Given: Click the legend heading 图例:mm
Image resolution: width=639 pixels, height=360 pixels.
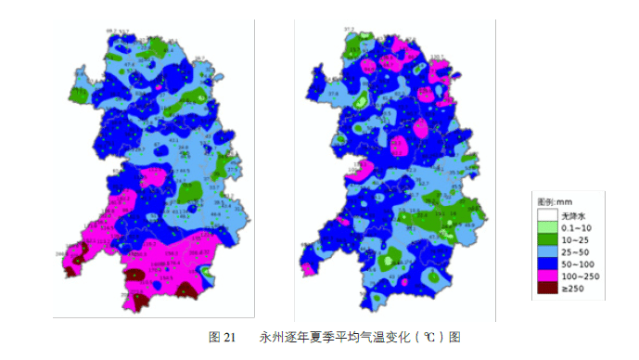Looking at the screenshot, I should point(556,201).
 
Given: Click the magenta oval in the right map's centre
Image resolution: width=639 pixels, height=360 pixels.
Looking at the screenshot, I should point(401,145).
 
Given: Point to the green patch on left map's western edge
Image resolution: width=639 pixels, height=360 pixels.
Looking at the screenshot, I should point(78,93).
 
